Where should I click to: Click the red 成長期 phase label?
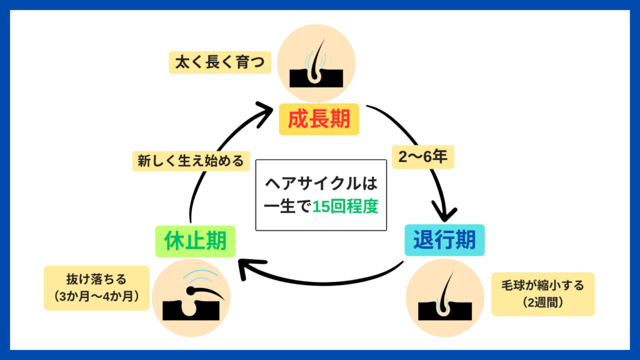click(319, 119)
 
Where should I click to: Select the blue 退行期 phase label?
click(444, 239)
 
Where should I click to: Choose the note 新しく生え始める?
click(190, 160)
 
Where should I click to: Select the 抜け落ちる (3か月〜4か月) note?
click(97, 287)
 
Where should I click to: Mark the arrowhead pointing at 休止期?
click(247, 269)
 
